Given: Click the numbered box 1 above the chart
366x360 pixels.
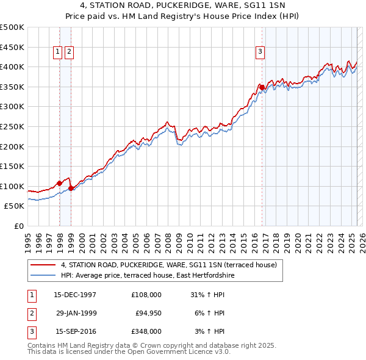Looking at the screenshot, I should pos(57,52).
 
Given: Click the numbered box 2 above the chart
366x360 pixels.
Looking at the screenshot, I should pos(69,52).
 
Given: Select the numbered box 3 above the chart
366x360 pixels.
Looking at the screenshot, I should pos(260,52).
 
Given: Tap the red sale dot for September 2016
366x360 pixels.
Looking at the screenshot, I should pos(262,87).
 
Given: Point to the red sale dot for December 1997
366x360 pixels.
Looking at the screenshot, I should pos(59,183).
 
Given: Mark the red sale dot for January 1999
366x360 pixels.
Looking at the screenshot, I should pos(71,188).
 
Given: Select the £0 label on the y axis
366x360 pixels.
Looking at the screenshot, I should pos(18,226).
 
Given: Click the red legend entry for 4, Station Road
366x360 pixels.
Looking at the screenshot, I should pos(169,265).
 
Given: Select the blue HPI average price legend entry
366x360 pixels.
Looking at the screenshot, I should pos(148,276).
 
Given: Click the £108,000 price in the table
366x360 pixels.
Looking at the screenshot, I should pos(146,294).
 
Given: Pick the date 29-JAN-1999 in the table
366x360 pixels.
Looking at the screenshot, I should pos(76,313).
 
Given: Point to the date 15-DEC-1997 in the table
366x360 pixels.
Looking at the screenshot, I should pos(75,294).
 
